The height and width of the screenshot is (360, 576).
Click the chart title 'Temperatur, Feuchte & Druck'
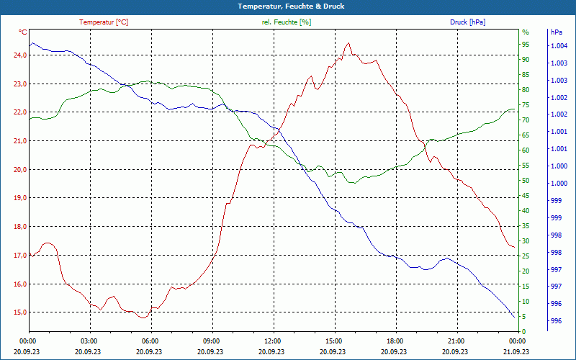pyautogui.click(x=288, y=6)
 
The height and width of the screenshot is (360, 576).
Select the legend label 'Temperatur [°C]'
pyautogui.click(x=104, y=22)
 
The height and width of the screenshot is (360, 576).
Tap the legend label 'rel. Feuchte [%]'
pyautogui.click(x=287, y=22)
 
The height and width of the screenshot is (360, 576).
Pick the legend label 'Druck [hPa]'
pyautogui.click(x=467, y=22)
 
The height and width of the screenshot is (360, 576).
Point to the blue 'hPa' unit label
pyautogui.click(x=557, y=32)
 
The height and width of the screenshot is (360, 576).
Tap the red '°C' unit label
pyautogui.click(x=23, y=32)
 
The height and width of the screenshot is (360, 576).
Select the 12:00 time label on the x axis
pyautogui.click(x=273, y=341)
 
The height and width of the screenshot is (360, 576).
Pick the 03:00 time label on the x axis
pyautogui.click(x=89, y=341)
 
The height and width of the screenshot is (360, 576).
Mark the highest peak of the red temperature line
pyautogui.click(x=348, y=43)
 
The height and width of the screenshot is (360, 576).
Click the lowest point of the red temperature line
pyautogui.click(x=143, y=318)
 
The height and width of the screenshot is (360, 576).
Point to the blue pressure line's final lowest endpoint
pyautogui.click(x=514, y=317)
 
